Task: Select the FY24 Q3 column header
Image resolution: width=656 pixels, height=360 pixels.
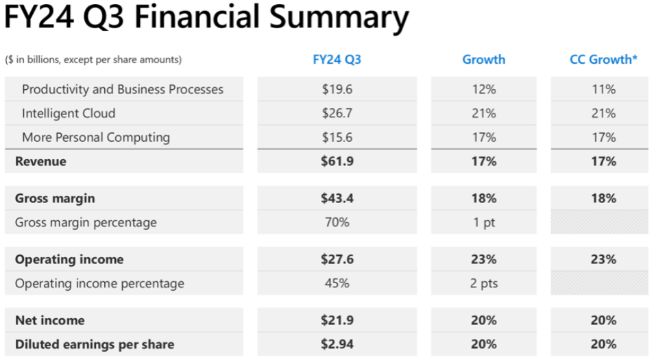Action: [x=337, y=60]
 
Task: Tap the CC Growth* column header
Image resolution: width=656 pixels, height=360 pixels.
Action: [x=603, y=60]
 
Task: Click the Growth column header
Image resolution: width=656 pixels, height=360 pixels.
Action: [x=483, y=60]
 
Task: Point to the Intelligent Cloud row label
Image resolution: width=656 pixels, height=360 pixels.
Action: [x=69, y=113]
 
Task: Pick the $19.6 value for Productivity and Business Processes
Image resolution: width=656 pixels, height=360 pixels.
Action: [x=337, y=89]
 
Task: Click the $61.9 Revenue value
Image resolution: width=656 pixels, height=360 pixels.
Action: [x=337, y=161]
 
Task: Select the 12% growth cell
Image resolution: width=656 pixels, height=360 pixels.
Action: [x=483, y=89]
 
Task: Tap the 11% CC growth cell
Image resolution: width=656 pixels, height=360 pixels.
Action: [x=603, y=89]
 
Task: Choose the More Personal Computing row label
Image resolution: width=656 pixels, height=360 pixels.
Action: [x=96, y=137]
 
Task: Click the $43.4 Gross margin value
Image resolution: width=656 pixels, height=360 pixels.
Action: [x=337, y=198]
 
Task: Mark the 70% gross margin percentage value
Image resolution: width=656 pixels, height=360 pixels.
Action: [x=337, y=222]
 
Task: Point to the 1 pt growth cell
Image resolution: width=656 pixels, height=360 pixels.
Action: [x=483, y=222]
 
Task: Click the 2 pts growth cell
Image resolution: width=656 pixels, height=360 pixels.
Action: [x=483, y=283]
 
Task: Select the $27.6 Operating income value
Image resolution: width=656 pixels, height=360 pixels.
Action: [x=337, y=259]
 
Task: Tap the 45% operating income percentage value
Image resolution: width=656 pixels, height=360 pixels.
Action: [x=337, y=283]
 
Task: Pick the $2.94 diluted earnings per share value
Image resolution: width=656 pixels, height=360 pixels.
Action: [x=337, y=344]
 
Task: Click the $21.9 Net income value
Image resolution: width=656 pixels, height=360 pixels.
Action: [x=337, y=320]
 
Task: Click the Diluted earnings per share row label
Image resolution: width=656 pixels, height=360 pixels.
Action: [x=95, y=344]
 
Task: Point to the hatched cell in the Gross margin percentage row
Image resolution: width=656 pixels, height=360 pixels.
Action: [x=600, y=222]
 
